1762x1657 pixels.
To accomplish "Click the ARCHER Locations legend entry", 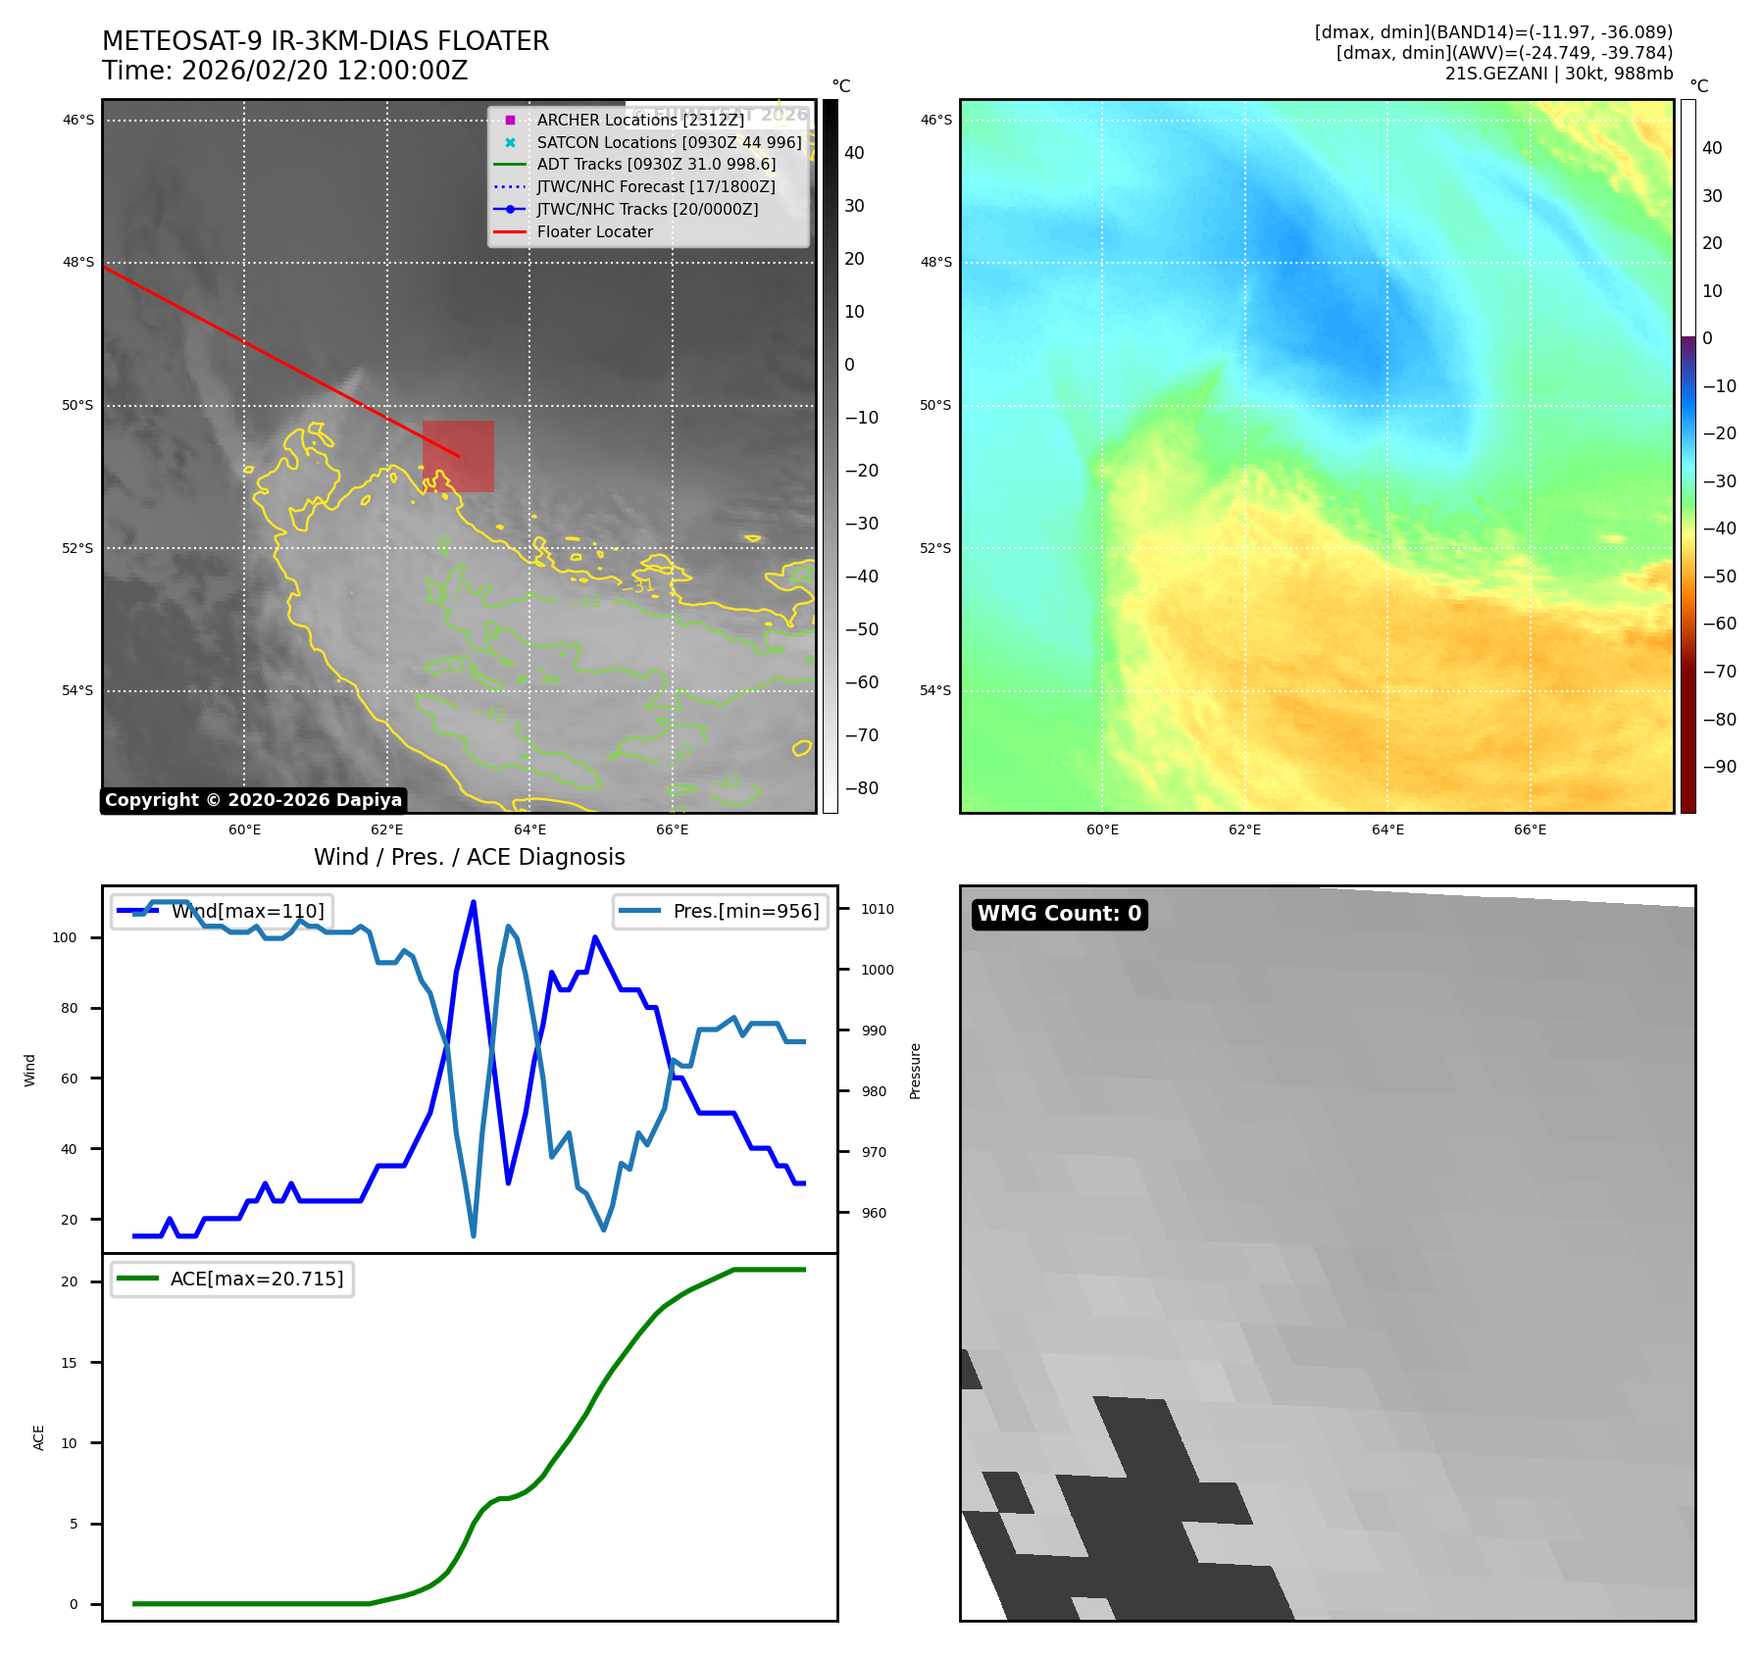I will click(x=639, y=120).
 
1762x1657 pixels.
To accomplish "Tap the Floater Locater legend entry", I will click(x=594, y=231).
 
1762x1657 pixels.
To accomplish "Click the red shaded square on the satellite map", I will click(x=458, y=456).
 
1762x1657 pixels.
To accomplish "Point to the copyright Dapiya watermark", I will click(x=253, y=800).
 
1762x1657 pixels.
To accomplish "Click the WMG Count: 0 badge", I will click(x=1059, y=914).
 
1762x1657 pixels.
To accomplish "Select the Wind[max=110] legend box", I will click(x=222, y=911).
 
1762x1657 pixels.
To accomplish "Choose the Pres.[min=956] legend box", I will click(x=721, y=911).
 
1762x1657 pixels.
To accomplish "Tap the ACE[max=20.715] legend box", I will click(x=232, y=1279).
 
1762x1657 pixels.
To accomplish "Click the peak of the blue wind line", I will click(x=474, y=902).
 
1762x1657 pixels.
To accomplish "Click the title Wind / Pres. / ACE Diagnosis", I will click(x=469, y=857).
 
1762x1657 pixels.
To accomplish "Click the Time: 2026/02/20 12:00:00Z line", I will click(x=284, y=71).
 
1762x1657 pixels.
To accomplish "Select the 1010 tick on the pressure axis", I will click(x=877, y=909).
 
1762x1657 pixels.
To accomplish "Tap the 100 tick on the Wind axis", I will click(x=65, y=937).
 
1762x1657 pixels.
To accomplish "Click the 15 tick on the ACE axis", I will click(x=69, y=1363).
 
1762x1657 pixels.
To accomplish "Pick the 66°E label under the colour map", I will click(x=1530, y=829).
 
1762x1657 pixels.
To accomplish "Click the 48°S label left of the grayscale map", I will click(x=78, y=263).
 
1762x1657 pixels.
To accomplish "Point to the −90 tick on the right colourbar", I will click(x=1719, y=767).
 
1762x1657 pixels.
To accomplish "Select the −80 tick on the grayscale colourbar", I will click(x=862, y=788).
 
